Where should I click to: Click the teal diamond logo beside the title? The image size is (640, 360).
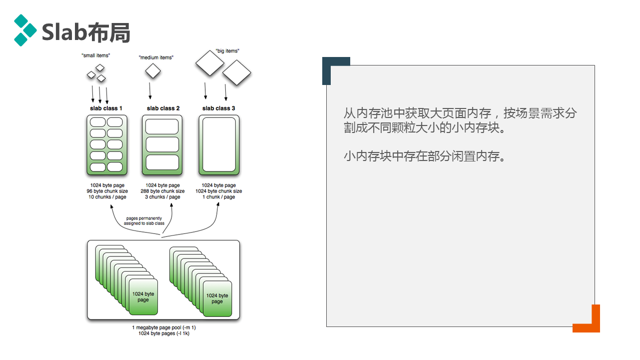(x=24, y=30)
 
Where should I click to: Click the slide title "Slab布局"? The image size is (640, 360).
(x=86, y=32)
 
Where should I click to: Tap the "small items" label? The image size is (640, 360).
(x=95, y=55)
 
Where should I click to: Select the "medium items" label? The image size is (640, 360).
(x=156, y=57)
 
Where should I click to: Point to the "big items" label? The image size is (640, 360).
(x=227, y=51)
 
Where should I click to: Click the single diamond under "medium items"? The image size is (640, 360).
(x=153, y=71)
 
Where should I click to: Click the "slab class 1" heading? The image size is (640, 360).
(x=106, y=108)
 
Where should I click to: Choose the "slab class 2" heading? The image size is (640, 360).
(x=163, y=108)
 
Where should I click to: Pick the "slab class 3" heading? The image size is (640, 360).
(x=218, y=108)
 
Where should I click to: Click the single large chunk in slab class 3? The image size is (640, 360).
(x=219, y=144)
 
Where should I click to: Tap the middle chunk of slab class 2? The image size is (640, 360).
(x=162, y=144)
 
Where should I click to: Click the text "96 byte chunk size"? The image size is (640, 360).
(x=107, y=191)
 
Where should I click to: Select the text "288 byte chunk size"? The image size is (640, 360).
(x=163, y=191)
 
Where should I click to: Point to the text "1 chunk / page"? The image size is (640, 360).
(x=218, y=197)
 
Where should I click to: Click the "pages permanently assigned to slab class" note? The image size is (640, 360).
(x=144, y=221)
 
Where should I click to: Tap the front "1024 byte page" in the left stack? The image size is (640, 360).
(x=143, y=297)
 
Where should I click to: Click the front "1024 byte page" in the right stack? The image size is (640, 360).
(x=217, y=298)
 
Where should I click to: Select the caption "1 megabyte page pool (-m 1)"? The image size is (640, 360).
(x=164, y=327)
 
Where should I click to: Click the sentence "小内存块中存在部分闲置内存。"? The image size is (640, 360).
(x=425, y=156)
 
